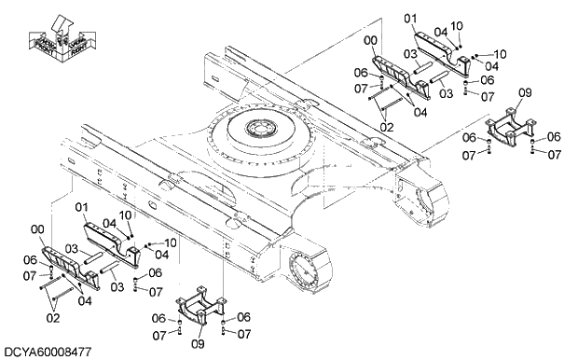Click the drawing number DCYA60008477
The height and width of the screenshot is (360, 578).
(x=47, y=352)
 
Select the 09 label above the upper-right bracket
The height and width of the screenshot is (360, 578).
(x=524, y=93)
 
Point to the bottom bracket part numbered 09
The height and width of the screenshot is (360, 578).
(x=200, y=308)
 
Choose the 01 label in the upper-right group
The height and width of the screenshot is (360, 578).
(x=411, y=19)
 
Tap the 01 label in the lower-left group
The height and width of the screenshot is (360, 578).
(x=81, y=207)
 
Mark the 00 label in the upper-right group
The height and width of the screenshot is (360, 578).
(x=372, y=41)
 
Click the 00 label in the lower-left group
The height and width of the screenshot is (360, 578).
(x=36, y=229)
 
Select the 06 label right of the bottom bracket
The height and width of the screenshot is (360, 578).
(x=243, y=317)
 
